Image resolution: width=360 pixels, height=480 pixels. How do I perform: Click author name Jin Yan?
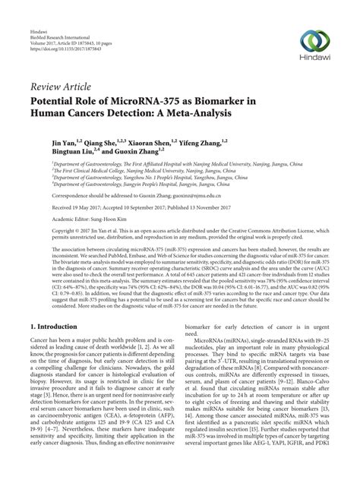tap(64, 141)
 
